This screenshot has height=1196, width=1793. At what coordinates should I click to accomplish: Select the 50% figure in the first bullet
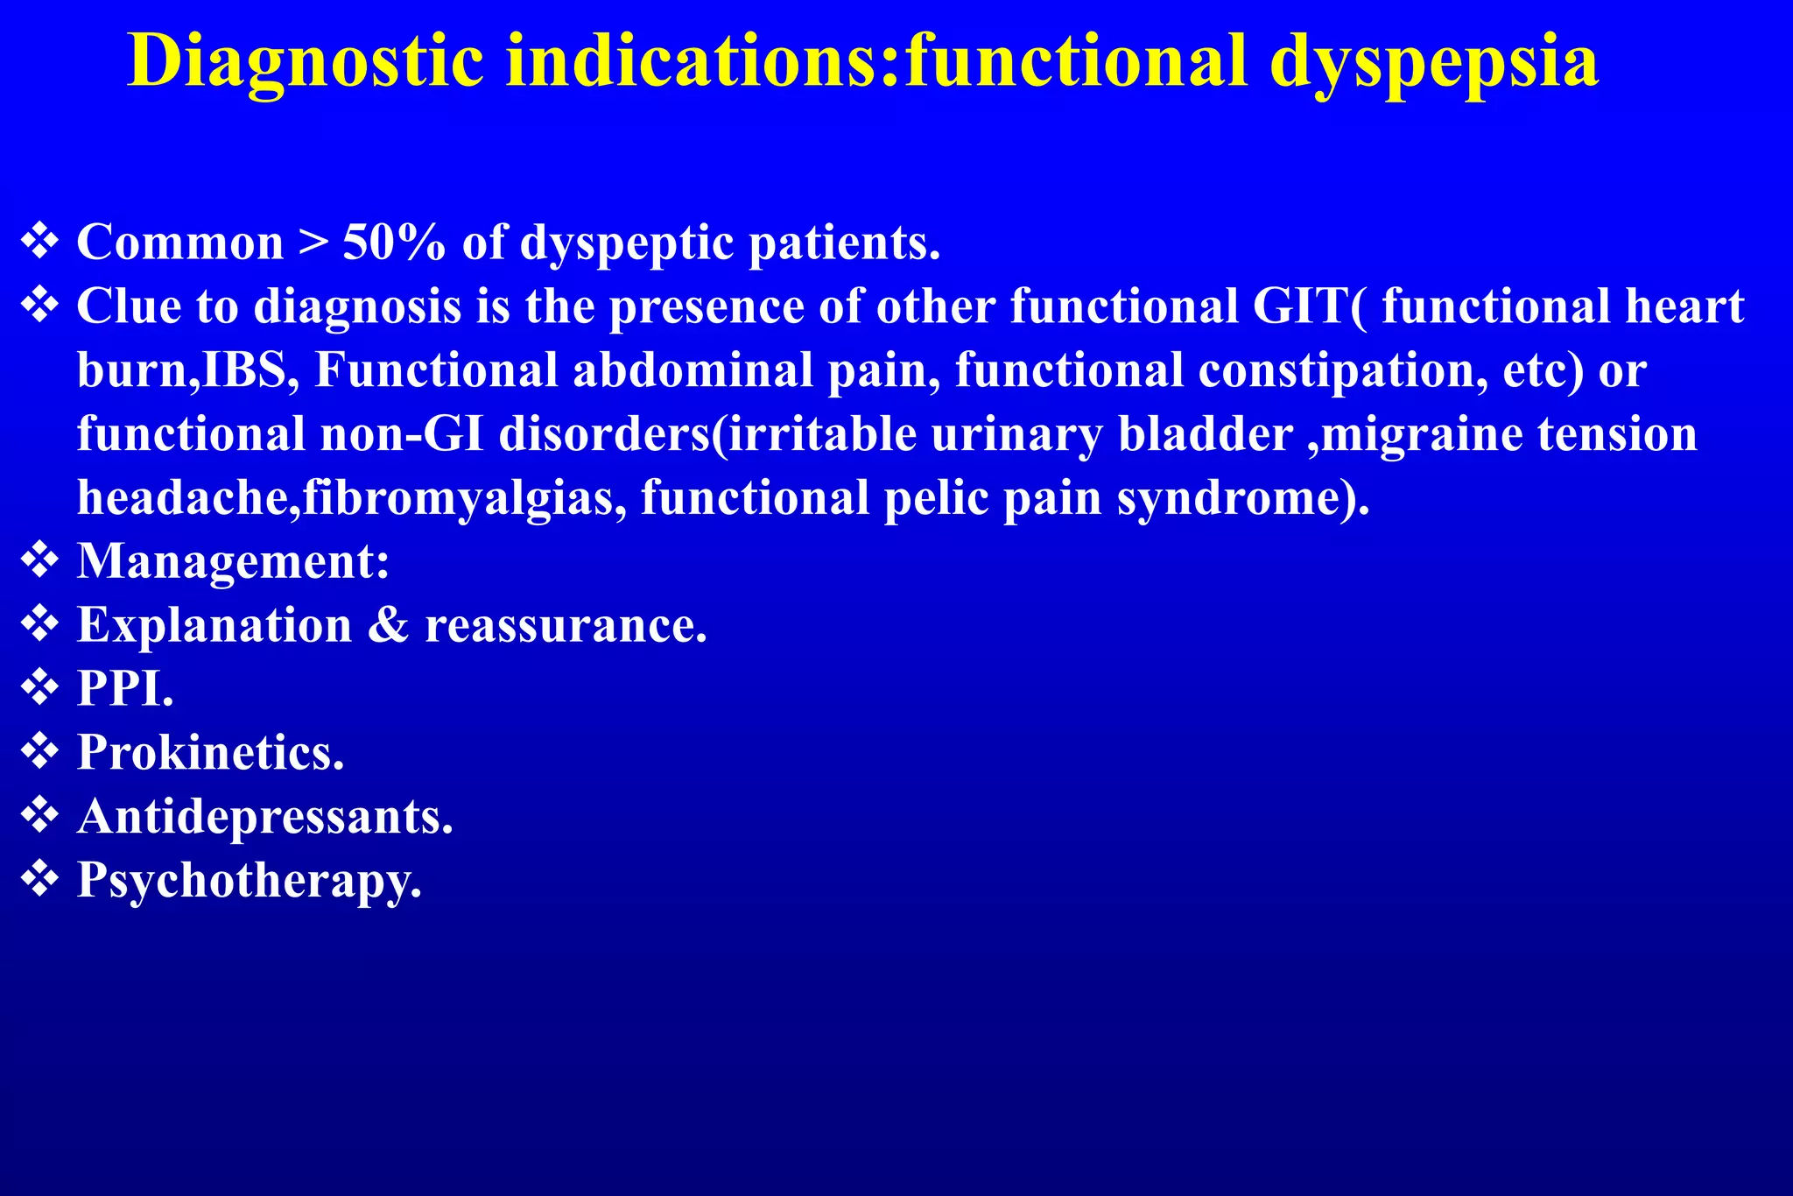point(393,243)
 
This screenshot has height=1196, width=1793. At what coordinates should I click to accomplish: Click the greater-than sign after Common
point(313,243)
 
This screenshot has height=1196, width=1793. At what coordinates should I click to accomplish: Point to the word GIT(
point(1309,306)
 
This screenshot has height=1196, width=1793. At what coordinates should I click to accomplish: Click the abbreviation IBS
point(250,370)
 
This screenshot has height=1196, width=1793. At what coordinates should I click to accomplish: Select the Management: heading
point(233,561)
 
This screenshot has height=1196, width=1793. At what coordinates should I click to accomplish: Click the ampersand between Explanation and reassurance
point(388,625)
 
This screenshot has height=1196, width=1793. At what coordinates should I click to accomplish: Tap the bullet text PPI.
point(125,689)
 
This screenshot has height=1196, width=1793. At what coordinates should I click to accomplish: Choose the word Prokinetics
point(210,753)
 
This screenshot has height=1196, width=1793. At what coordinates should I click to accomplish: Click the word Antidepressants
point(264,817)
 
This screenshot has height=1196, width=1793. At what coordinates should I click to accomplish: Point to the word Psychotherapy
point(249,881)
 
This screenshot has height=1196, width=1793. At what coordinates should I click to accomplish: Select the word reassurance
point(566,625)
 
